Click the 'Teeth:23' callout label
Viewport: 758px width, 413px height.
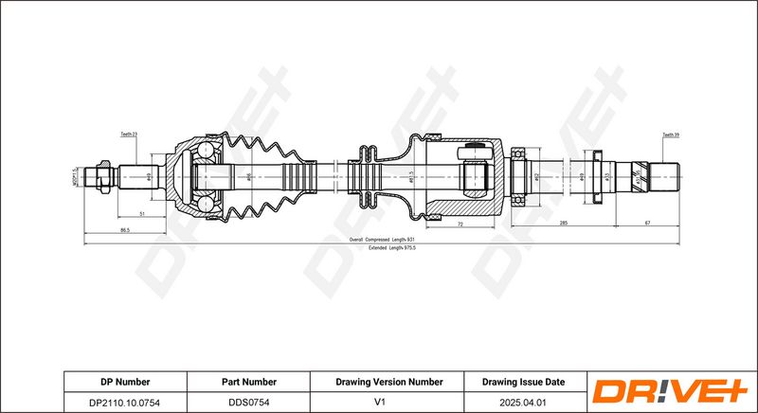pos(129,135)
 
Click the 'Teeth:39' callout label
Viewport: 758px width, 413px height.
pos(670,135)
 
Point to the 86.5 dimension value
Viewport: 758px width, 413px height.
pos(125,230)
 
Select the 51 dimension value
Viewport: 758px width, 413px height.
pos(141,215)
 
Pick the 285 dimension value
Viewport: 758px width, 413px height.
pos(563,223)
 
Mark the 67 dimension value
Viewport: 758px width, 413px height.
pos(648,223)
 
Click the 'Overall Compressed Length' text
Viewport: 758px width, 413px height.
pos(383,240)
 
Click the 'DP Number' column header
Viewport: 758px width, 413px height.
pos(125,382)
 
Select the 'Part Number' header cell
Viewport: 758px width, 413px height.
pos(249,382)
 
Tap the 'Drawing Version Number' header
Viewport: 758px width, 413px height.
pos(388,382)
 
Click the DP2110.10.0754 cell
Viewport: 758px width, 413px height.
pos(125,402)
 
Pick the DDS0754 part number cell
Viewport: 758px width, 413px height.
pos(249,402)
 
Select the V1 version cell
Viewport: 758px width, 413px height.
pos(388,402)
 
